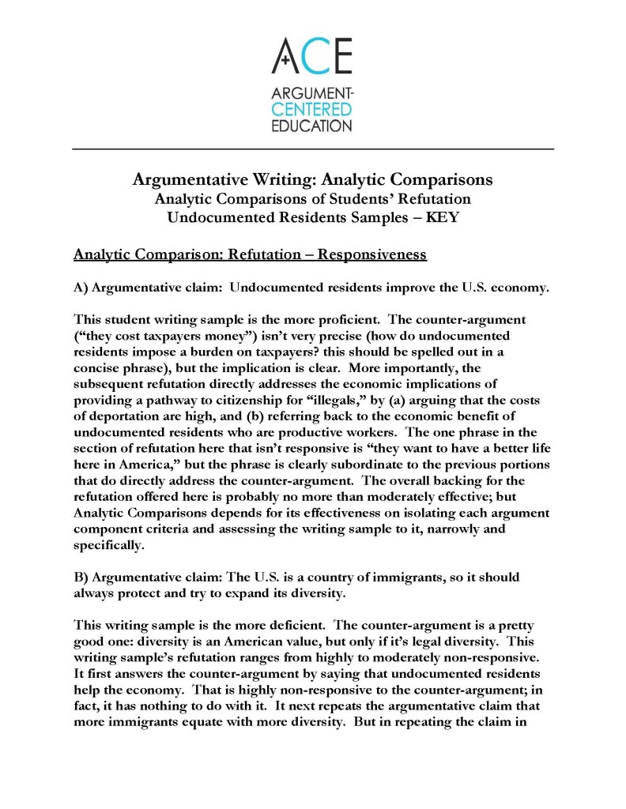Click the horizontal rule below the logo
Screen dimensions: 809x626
(313, 149)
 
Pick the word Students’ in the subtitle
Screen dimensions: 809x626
(355, 198)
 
